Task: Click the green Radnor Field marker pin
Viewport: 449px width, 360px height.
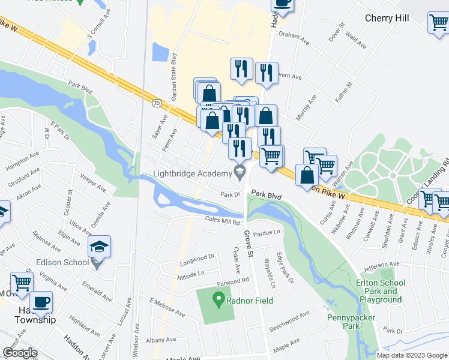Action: pyautogui.click(x=219, y=297)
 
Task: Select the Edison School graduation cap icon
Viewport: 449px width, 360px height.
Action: pyautogui.click(x=99, y=247)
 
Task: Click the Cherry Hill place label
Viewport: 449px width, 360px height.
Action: pyautogui.click(x=387, y=18)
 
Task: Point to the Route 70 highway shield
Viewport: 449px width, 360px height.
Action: pyautogui.click(x=156, y=103)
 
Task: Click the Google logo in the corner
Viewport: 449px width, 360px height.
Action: pyautogui.click(x=20, y=353)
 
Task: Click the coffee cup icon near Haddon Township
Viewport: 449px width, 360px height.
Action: pyautogui.click(x=41, y=303)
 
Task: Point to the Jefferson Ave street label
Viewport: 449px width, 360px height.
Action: pyautogui.click(x=382, y=263)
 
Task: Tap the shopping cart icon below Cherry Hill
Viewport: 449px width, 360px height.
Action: pyautogui.click(x=438, y=22)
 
